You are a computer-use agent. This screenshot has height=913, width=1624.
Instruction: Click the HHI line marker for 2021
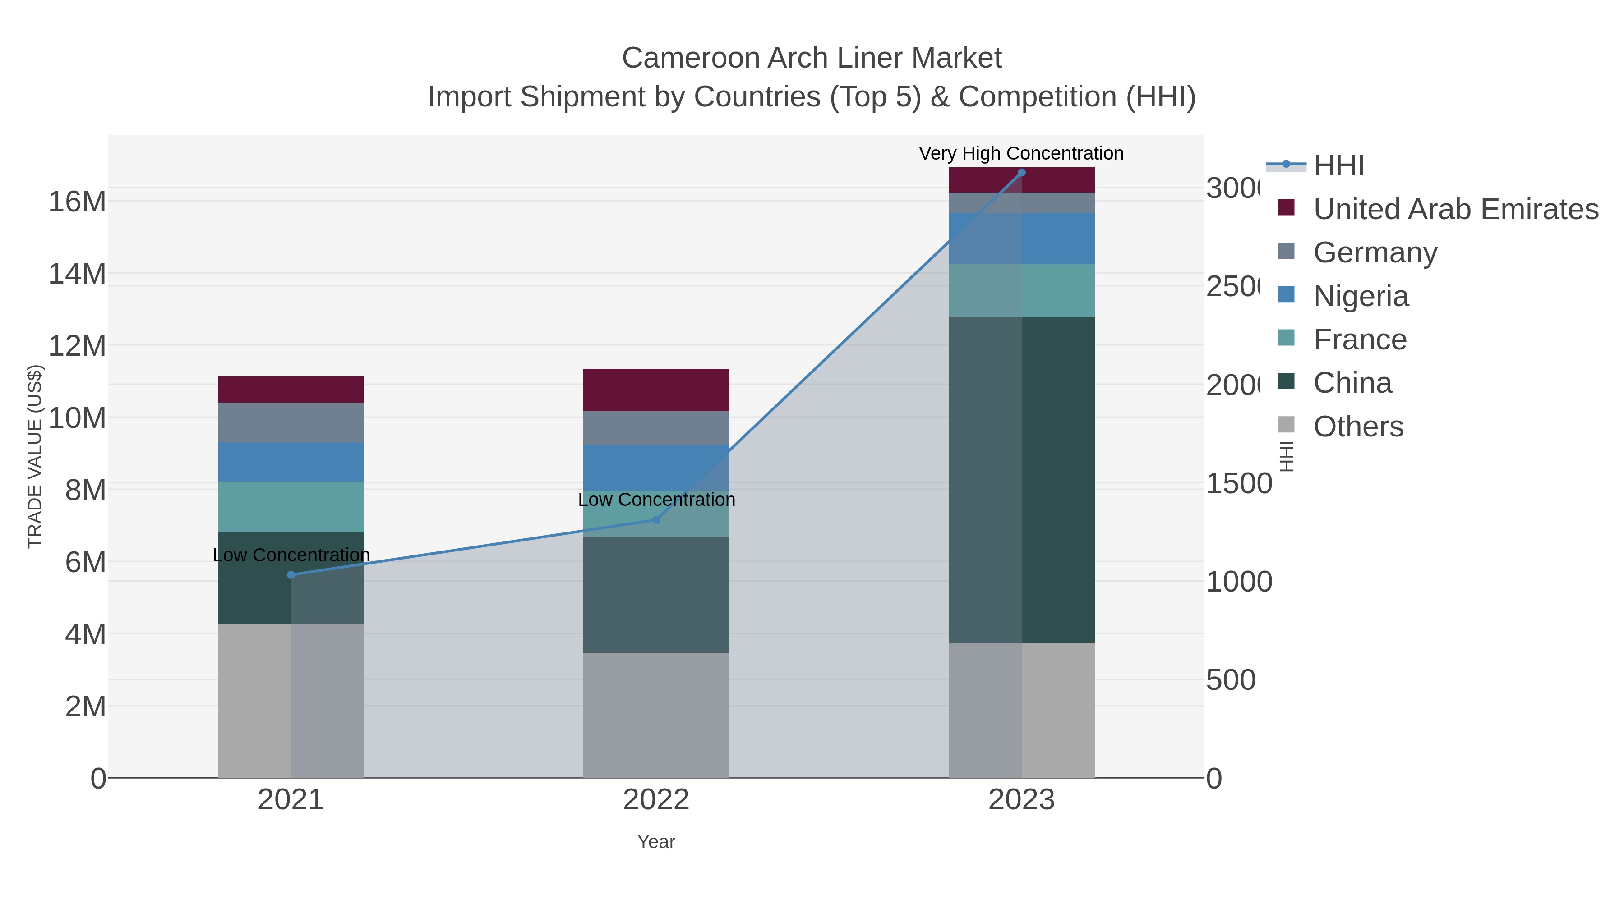point(291,575)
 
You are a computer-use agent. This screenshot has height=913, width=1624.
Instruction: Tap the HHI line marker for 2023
point(1021,173)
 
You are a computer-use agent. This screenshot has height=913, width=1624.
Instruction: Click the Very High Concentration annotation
point(1021,153)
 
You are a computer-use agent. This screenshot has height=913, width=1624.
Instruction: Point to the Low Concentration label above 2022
point(656,500)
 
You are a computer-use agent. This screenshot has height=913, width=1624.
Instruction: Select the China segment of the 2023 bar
point(1021,479)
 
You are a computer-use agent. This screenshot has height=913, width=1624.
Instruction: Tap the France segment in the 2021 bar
point(291,507)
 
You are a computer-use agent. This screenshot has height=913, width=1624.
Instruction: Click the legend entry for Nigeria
point(1361,296)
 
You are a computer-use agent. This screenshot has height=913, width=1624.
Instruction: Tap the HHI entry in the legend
point(1338,166)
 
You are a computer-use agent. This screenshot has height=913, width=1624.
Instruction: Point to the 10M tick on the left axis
point(77,418)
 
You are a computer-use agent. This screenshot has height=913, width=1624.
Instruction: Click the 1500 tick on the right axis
point(1238,483)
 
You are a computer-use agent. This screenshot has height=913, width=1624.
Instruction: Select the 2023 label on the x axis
point(1021,799)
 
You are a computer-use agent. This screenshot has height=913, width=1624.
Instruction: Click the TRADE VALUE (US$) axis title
point(35,456)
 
